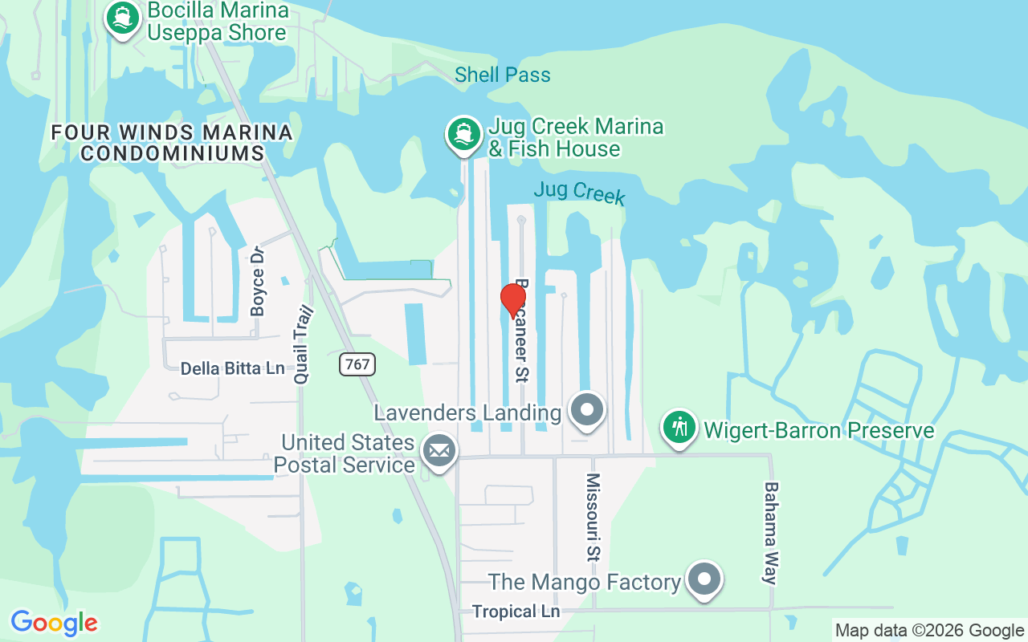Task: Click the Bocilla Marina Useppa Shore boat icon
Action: (x=122, y=18)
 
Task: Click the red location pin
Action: (x=513, y=301)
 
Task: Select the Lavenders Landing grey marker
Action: (x=587, y=410)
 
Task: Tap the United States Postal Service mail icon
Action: (x=439, y=451)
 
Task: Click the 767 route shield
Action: (x=357, y=364)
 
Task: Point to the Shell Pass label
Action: (x=503, y=75)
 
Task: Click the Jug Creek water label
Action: (x=579, y=193)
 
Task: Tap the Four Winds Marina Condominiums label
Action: (x=172, y=142)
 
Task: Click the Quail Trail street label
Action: (x=302, y=346)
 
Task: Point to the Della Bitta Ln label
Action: (x=232, y=368)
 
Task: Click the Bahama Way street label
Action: (x=771, y=533)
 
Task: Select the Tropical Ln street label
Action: (x=516, y=612)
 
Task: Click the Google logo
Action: (x=55, y=623)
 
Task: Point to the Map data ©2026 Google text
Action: (x=929, y=631)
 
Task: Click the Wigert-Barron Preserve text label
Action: (x=819, y=431)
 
